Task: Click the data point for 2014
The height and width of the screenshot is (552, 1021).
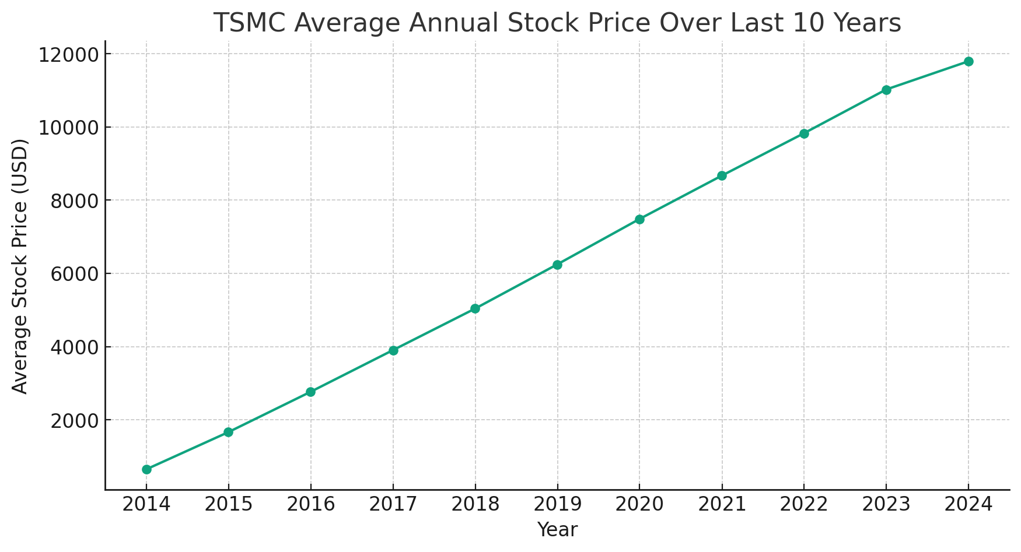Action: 146,469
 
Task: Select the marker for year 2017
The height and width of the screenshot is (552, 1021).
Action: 393,350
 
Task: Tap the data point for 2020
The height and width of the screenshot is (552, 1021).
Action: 639,219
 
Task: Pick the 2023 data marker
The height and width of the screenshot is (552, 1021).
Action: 886,90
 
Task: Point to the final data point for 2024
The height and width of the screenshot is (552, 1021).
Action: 968,61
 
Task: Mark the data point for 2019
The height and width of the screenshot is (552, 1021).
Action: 557,265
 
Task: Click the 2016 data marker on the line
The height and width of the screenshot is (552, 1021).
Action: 310,392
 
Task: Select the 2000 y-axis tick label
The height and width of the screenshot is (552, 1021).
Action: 73,420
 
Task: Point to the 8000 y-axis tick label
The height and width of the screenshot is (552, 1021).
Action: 73,201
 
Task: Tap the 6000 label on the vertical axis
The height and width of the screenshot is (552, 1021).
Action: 73,274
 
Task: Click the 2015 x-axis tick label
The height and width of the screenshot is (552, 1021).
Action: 228,504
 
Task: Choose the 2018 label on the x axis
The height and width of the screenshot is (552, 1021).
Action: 475,504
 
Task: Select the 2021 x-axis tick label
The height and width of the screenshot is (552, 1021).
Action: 722,504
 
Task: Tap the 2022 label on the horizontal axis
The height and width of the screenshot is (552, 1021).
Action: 804,504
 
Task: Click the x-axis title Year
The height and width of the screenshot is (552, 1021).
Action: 557,530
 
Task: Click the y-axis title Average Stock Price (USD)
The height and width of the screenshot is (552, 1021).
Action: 20,266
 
